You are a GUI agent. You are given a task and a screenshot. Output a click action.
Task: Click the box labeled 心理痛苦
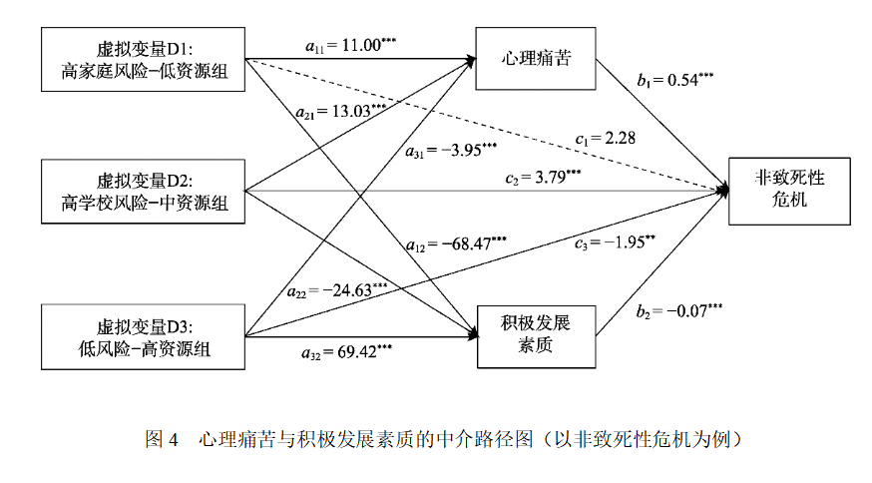pos(536,59)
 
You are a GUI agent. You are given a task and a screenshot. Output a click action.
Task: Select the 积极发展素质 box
pos(536,336)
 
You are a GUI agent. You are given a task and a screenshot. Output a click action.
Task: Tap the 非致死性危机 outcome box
pos(790,192)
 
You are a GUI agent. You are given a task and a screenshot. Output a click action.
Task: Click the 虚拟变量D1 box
pos(143,60)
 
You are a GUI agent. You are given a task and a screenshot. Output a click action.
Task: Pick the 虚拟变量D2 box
pos(143,192)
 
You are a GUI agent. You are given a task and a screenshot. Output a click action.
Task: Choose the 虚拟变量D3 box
pos(143,336)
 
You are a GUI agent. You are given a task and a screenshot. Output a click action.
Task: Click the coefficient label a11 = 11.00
pos(351,45)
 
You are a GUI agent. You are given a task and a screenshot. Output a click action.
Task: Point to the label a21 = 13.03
pos(341,112)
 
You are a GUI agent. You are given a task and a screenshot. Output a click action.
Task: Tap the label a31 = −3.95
pos(451,151)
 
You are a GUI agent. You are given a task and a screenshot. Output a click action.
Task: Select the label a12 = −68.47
pos(456,243)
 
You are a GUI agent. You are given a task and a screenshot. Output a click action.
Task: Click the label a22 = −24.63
pos(337,290)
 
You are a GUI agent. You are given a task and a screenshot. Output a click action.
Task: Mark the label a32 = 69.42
pos(347,352)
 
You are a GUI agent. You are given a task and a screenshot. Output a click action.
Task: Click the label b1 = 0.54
pos(675,80)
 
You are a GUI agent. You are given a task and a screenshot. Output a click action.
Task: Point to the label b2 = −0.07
pos(679,311)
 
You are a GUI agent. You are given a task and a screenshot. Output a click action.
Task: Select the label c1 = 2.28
pos(605,138)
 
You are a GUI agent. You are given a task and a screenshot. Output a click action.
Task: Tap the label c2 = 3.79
pos(544,178)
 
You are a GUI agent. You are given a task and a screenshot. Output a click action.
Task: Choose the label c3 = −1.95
pos(615,242)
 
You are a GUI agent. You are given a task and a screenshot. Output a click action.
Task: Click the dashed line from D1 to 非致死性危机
pos(487,125)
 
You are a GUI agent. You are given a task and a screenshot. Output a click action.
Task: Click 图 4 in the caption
pos(162,440)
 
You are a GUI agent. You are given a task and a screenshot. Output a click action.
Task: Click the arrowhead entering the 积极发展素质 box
pos(473,335)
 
